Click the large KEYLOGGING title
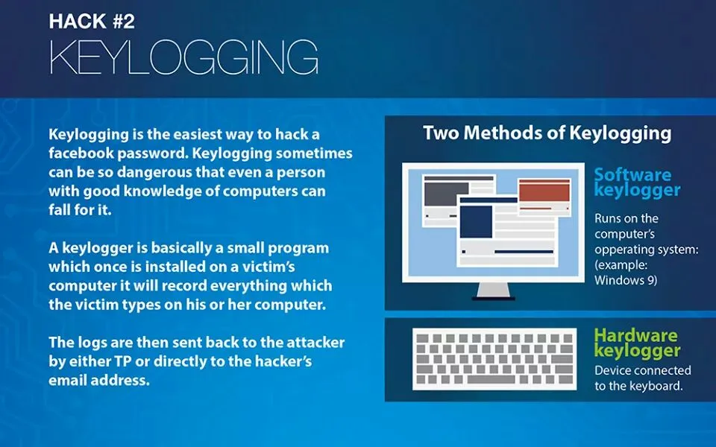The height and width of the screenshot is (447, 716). [183, 57]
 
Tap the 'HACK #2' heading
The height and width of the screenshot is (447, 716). [92, 22]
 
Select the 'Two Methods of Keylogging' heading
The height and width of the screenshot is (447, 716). [547, 133]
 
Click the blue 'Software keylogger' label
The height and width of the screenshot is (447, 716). [637, 182]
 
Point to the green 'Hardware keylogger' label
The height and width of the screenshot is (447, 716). [637, 343]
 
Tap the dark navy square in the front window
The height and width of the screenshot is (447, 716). [476, 222]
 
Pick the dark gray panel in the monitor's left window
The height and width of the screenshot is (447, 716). [446, 194]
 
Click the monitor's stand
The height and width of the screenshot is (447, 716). [493, 291]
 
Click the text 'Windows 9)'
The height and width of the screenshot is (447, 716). [626, 280]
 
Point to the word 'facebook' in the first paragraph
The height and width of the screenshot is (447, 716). [82, 153]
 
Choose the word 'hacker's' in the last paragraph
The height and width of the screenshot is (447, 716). [283, 361]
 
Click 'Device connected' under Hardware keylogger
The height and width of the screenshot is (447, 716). [642, 370]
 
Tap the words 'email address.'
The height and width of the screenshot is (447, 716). [99, 381]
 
